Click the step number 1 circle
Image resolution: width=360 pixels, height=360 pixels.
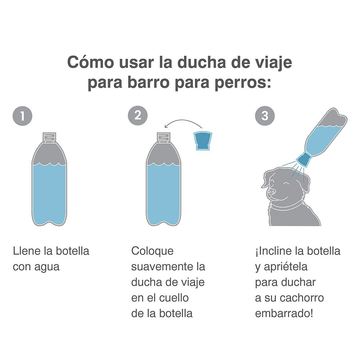tap(22, 116)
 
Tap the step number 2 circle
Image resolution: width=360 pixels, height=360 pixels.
tap(138, 116)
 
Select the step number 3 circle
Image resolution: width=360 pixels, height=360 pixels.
tap(265, 116)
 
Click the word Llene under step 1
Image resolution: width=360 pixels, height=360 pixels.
tap(27, 251)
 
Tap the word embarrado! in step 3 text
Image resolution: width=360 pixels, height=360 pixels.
tap(284, 314)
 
